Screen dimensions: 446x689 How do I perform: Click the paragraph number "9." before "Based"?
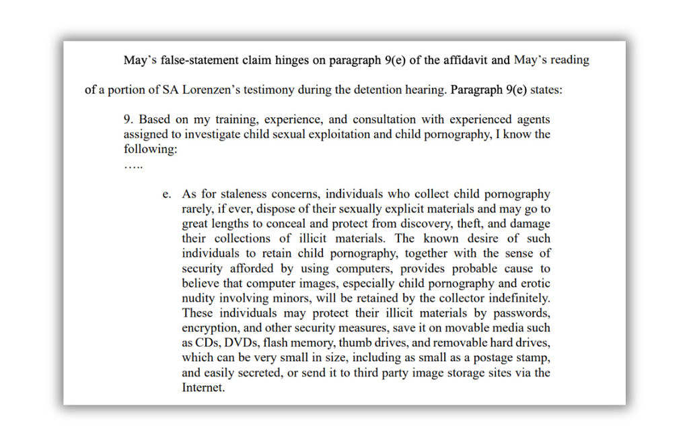click(129, 119)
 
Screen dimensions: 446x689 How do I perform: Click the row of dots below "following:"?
click(133, 164)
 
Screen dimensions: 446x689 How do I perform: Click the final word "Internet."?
click(203, 387)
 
